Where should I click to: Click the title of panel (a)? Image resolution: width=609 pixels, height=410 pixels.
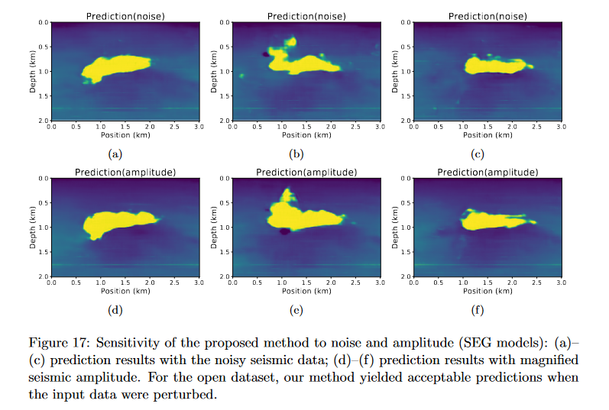(125, 16)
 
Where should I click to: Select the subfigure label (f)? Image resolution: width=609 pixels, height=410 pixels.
(477, 309)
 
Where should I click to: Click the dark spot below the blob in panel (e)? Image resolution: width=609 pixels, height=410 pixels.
(285, 231)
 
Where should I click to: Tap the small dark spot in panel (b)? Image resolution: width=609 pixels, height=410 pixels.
(265, 54)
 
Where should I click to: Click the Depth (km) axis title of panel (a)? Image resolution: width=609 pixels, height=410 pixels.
(33, 71)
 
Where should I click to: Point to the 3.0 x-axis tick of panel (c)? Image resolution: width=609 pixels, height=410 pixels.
(560, 127)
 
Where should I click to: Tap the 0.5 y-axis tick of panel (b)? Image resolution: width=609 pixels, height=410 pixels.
(225, 47)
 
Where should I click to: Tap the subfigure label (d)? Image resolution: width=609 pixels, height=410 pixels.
(115, 309)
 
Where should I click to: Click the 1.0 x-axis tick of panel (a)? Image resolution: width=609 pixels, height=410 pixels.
(101, 127)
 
